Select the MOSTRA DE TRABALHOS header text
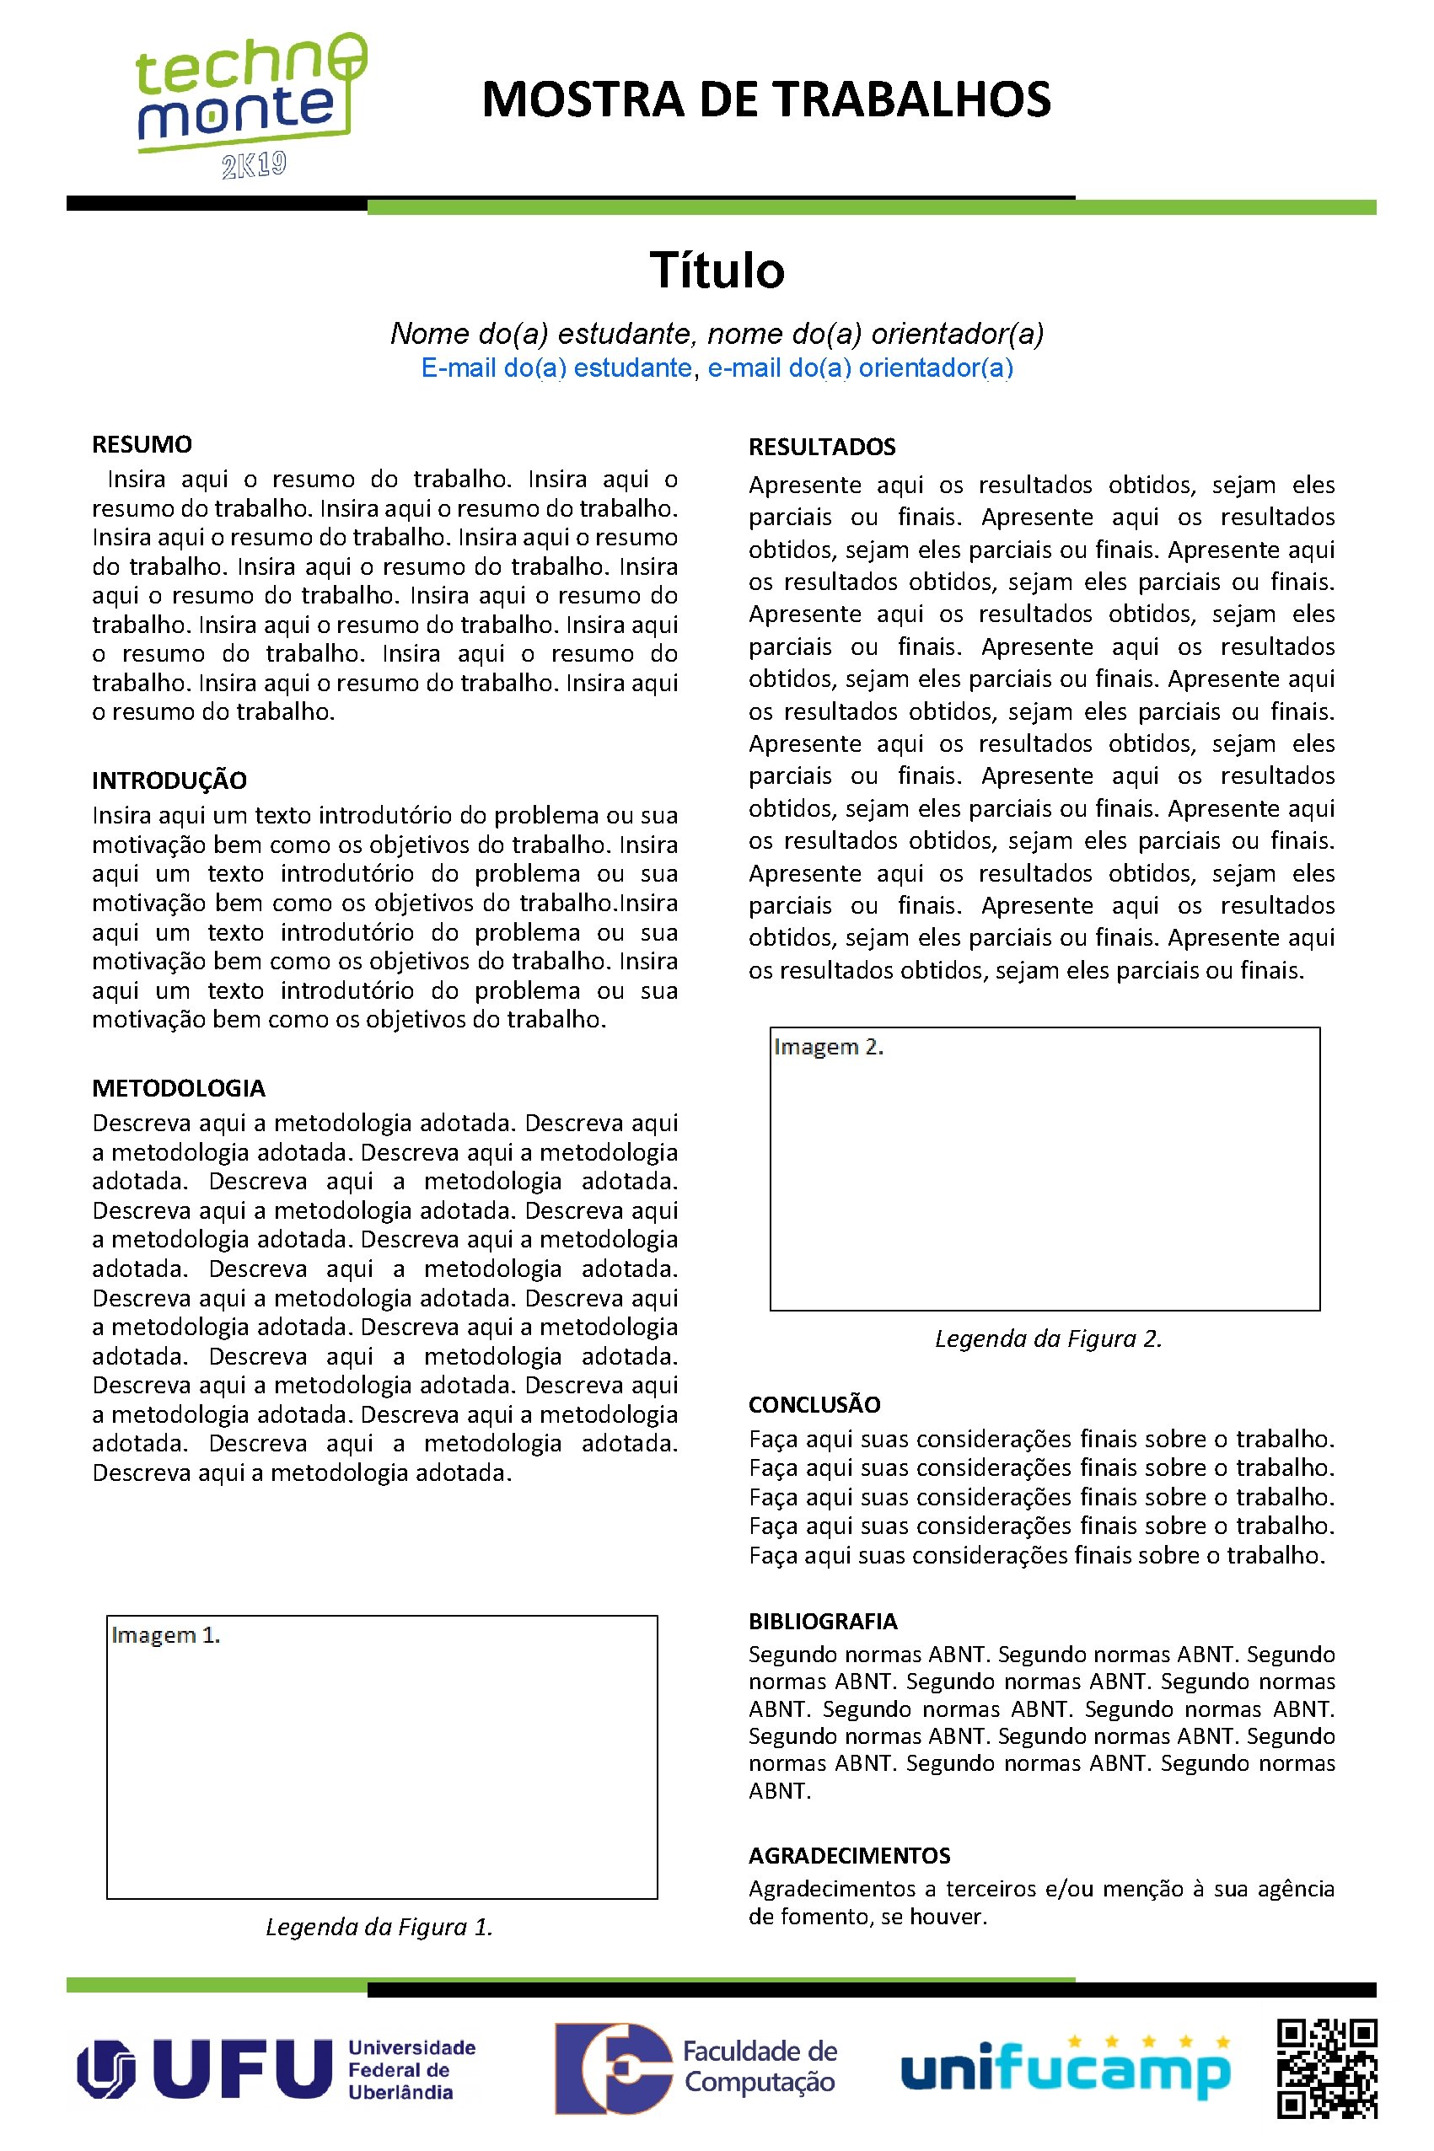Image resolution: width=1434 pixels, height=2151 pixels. click(x=766, y=99)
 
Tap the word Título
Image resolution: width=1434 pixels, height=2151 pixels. click(x=717, y=271)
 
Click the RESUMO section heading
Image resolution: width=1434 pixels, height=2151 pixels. click(x=142, y=444)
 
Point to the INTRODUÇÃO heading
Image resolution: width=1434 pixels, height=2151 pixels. click(x=169, y=780)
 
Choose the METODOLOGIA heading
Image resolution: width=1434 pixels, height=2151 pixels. click(x=179, y=1088)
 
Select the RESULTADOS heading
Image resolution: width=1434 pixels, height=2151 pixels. click(x=822, y=447)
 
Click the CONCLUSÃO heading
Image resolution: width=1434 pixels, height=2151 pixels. click(x=814, y=1404)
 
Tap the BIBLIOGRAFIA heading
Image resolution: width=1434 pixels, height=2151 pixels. click(x=823, y=1621)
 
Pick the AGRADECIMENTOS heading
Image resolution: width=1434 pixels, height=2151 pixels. click(x=850, y=1855)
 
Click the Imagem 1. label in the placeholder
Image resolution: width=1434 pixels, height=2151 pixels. click(x=165, y=1635)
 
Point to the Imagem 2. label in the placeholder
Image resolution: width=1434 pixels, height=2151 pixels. click(x=829, y=1047)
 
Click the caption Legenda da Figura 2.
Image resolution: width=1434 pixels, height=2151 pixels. click(x=1048, y=1338)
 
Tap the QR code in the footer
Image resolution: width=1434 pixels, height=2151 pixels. click(x=1327, y=2068)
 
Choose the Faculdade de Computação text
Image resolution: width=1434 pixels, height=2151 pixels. click(x=760, y=2067)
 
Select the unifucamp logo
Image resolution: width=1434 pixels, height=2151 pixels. click(x=1066, y=2068)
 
